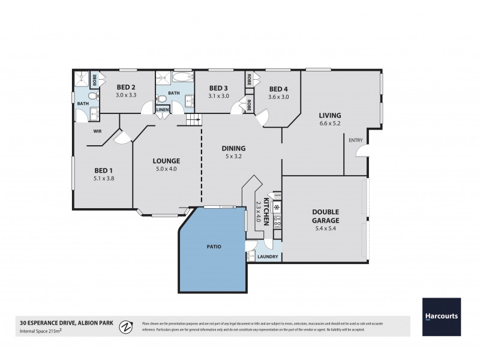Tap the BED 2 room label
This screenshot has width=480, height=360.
coord(126,87)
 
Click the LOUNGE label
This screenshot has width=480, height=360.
coord(167,161)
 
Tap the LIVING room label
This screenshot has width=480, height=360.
coord(330,115)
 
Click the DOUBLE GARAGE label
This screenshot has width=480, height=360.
coord(325,216)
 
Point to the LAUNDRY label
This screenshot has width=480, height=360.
coord(267,257)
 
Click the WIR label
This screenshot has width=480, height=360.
coord(97,130)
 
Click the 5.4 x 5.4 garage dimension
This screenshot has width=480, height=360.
coord(325,229)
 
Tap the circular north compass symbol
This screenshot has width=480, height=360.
coord(126,327)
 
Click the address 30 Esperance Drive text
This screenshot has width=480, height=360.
coord(49,322)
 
